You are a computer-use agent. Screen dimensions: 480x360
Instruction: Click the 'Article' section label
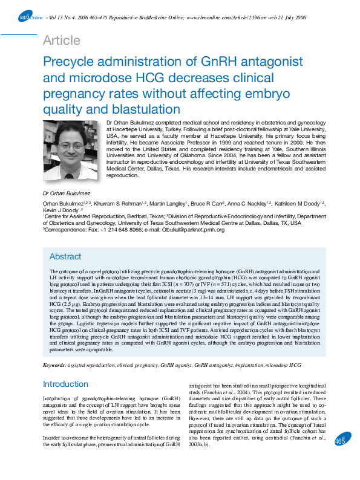pyautogui.click(x=62, y=41)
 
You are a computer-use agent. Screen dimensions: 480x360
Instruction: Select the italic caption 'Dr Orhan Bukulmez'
pyautogui.click(x=67, y=193)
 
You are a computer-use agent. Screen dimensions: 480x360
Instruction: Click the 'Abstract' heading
pyautogui.click(x=65, y=256)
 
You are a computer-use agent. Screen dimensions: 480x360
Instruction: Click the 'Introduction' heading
pyautogui.click(x=65, y=384)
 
